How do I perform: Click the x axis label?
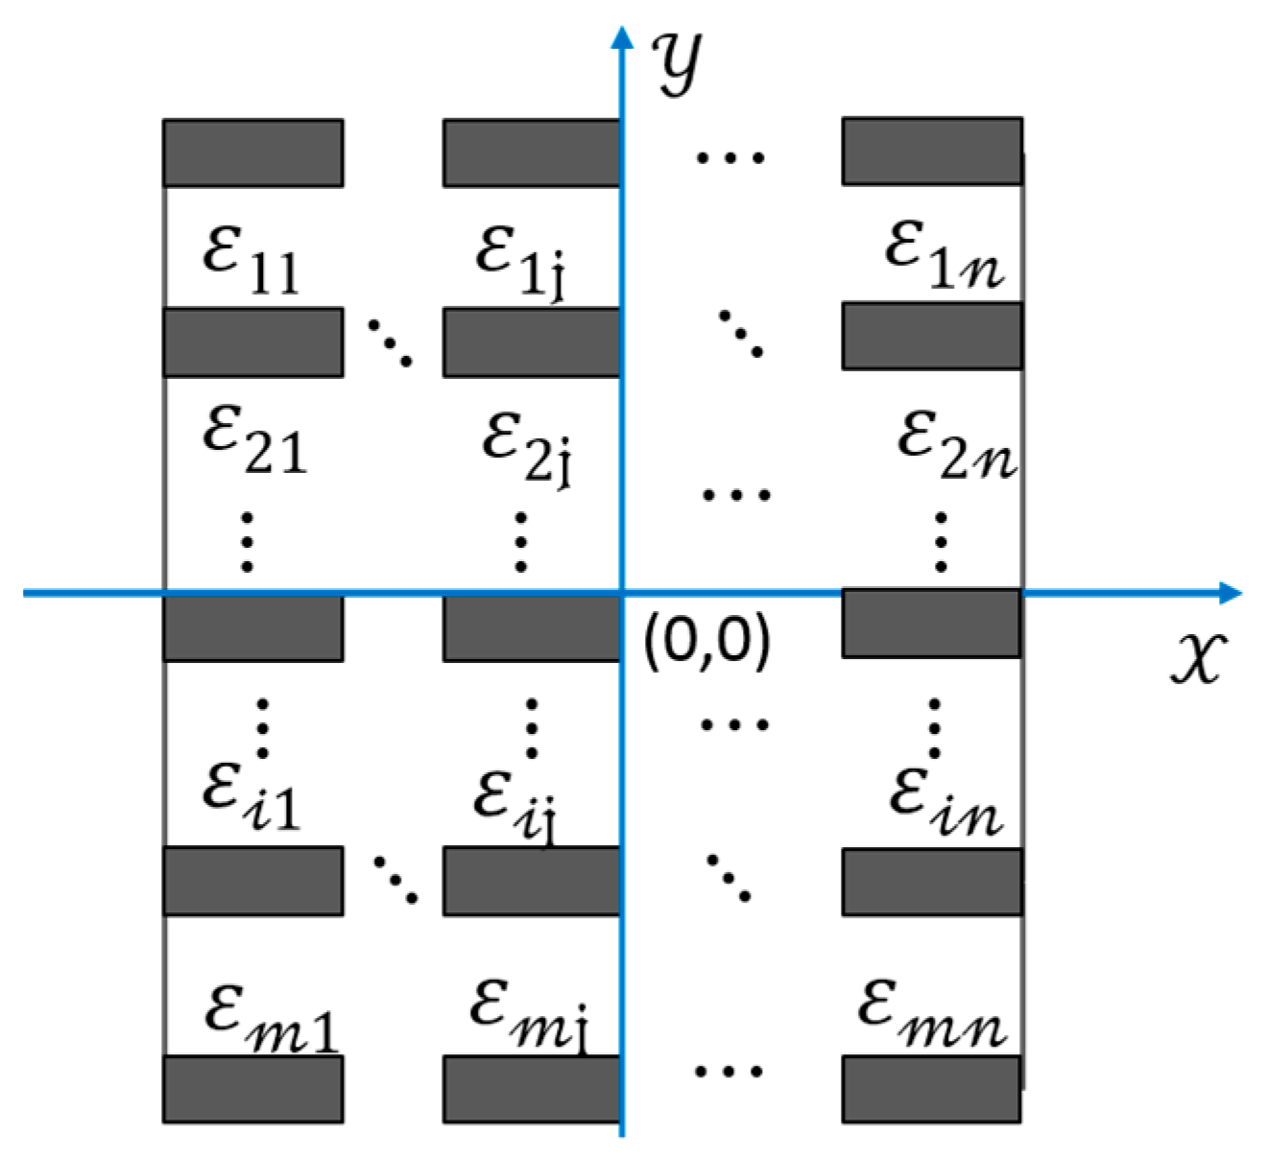[x=1198, y=658]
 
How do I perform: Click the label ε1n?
[x=944, y=254]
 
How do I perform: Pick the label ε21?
[x=254, y=439]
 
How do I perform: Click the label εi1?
[x=251, y=796]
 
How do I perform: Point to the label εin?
[x=945, y=802]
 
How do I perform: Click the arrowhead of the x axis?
[x=1231, y=593]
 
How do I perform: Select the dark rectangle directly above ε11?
[x=253, y=153]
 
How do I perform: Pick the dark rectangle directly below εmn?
[x=931, y=1089]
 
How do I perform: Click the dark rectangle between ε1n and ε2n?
[x=932, y=336]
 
